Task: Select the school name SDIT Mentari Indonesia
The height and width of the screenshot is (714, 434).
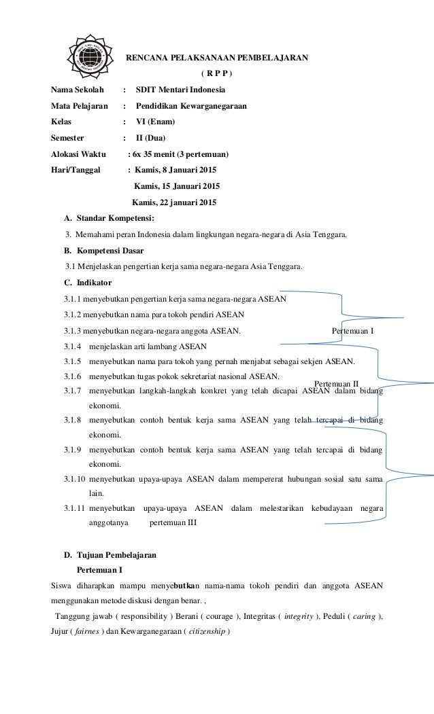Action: tap(182, 90)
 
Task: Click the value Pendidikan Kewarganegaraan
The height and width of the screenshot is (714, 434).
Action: tap(192, 106)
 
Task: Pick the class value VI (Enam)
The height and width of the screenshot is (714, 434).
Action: tap(155, 122)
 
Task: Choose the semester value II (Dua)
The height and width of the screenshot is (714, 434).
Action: tap(150, 139)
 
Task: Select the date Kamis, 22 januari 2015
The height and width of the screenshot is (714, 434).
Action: tap(174, 202)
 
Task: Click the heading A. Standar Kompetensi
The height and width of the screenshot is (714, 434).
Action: tap(109, 218)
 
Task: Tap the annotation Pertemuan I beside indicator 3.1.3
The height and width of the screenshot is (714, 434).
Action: tap(352, 331)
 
